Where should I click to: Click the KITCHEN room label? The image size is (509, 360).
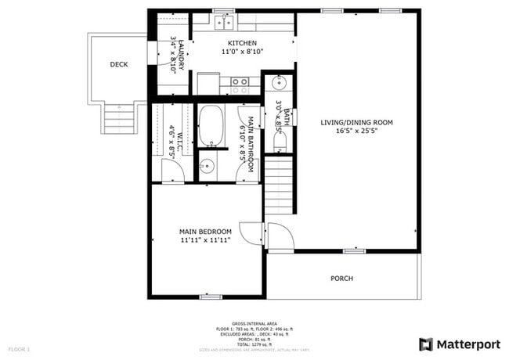(241, 43)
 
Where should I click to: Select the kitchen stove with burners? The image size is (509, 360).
(239, 81)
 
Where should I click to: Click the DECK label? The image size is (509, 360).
(118, 64)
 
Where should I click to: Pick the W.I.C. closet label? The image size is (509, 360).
(179, 142)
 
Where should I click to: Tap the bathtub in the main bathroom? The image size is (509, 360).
(211, 126)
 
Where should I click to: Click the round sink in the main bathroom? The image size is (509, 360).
(207, 165)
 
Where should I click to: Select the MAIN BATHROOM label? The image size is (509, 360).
(251, 145)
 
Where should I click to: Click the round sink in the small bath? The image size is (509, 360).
(279, 82)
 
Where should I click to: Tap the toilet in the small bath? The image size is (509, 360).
(280, 141)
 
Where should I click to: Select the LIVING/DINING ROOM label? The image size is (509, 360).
(356, 122)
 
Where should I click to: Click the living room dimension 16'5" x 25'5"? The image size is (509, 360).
(356, 131)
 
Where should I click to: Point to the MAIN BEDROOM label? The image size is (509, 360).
(205, 232)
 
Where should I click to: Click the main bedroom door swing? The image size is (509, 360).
(250, 232)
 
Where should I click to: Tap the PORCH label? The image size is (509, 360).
(341, 278)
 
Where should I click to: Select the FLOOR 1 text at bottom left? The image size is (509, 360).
(19, 347)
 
